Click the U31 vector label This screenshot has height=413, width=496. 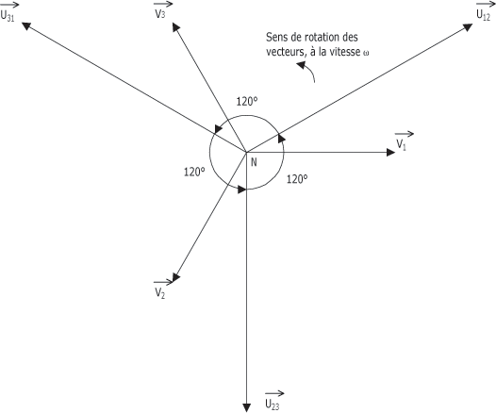pyautogui.click(x=8, y=12)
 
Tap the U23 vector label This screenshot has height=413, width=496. pyautogui.click(x=274, y=401)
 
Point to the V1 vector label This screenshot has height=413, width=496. pyautogui.click(x=404, y=141)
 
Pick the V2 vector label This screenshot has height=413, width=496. pyautogui.click(x=162, y=289)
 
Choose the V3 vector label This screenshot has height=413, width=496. pyautogui.click(x=162, y=10)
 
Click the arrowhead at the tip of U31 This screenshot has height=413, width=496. pyautogui.click(x=26, y=26)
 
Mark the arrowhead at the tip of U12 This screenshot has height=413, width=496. pyautogui.click(x=468, y=27)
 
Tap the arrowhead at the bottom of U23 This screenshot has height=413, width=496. pyautogui.click(x=246, y=408)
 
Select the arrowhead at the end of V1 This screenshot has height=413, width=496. pyautogui.click(x=391, y=153)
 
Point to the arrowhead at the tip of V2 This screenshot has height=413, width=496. pyautogui.click(x=176, y=277)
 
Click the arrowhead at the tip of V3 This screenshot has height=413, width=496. pyautogui.click(x=175, y=27)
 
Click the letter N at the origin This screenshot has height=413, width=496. pyautogui.click(x=254, y=162)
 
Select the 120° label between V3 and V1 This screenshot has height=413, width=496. pyautogui.click(x=247, y=102)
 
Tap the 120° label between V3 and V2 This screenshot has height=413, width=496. pyautogui.click(x=194, y=172)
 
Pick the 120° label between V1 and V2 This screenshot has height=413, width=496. pyautogui.click(x=297, y=179)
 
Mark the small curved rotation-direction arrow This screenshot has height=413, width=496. pyautogui.click(x=306, y=71)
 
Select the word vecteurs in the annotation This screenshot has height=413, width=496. pyautogui.click(x=286, y=52)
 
